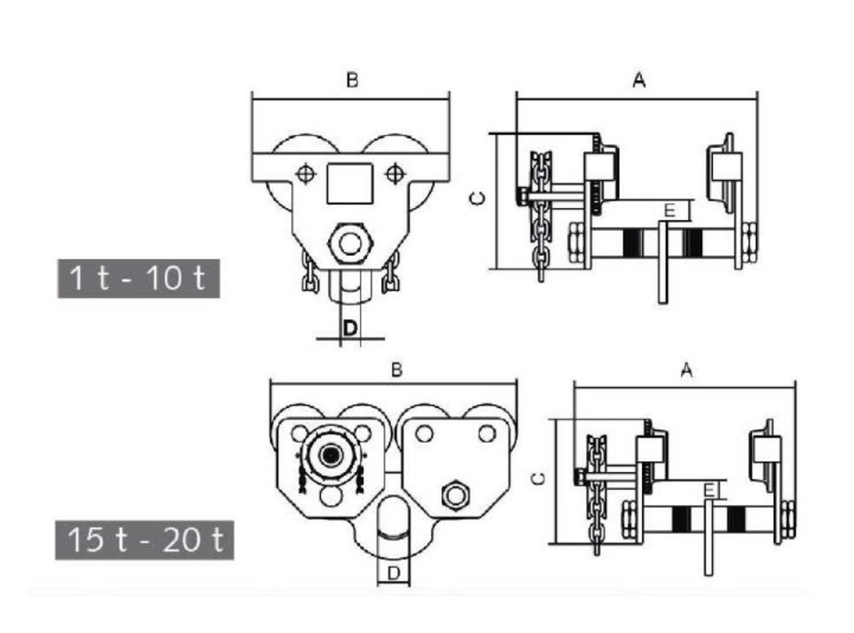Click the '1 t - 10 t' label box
(x=138, y=278)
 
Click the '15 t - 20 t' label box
(x=144, y=539)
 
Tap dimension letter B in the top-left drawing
(x=352, y=80)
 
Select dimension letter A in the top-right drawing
(x=638, y=80)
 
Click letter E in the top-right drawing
(x=670, y=210)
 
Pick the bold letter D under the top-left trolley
(x=349, y=328)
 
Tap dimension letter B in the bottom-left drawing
(x=396, y=370)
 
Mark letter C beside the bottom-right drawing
(x=538, y=478)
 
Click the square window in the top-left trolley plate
(x=349, y=183)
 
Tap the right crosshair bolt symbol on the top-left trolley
(x=393, y=174)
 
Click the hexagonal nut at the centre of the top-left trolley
(x=348, y=243)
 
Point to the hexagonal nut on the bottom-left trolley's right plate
(x=453, y=494)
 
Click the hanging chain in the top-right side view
(x=540, y=213)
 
